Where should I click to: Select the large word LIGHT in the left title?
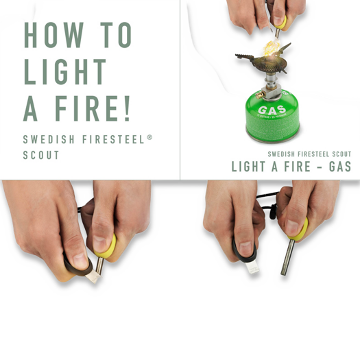[x=65, y=72]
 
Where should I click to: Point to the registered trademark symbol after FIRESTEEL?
[x=150, y=137]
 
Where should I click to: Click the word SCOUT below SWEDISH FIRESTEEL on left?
[x=41, y=155]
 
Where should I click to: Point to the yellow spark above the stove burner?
[x=270, y=48]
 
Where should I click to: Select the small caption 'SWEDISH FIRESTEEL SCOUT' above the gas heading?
[x=309, y=154]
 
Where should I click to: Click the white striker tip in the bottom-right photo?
[x=252, y=266]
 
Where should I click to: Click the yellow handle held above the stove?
[x=280, y=22]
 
